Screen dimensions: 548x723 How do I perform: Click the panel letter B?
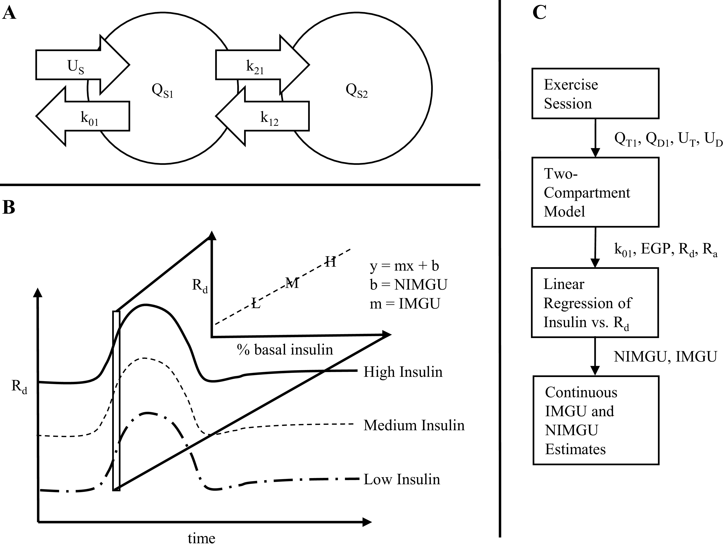pyautogui.click(x=9, y=207)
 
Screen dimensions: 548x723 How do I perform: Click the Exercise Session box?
pyautogui.click(x=595, y=93)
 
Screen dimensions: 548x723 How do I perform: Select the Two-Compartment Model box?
pyautogui.click(x=595, y=192)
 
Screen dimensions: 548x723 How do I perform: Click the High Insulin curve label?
pyautogui.click(x=403, y=372)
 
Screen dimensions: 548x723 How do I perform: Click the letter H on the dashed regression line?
pyautogui.click(x=330, y=262)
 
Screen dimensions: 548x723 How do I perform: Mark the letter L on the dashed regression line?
pyautogui.click(x=256, y=304)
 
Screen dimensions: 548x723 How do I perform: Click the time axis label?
pyautogui.click(x=201, y=538)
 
